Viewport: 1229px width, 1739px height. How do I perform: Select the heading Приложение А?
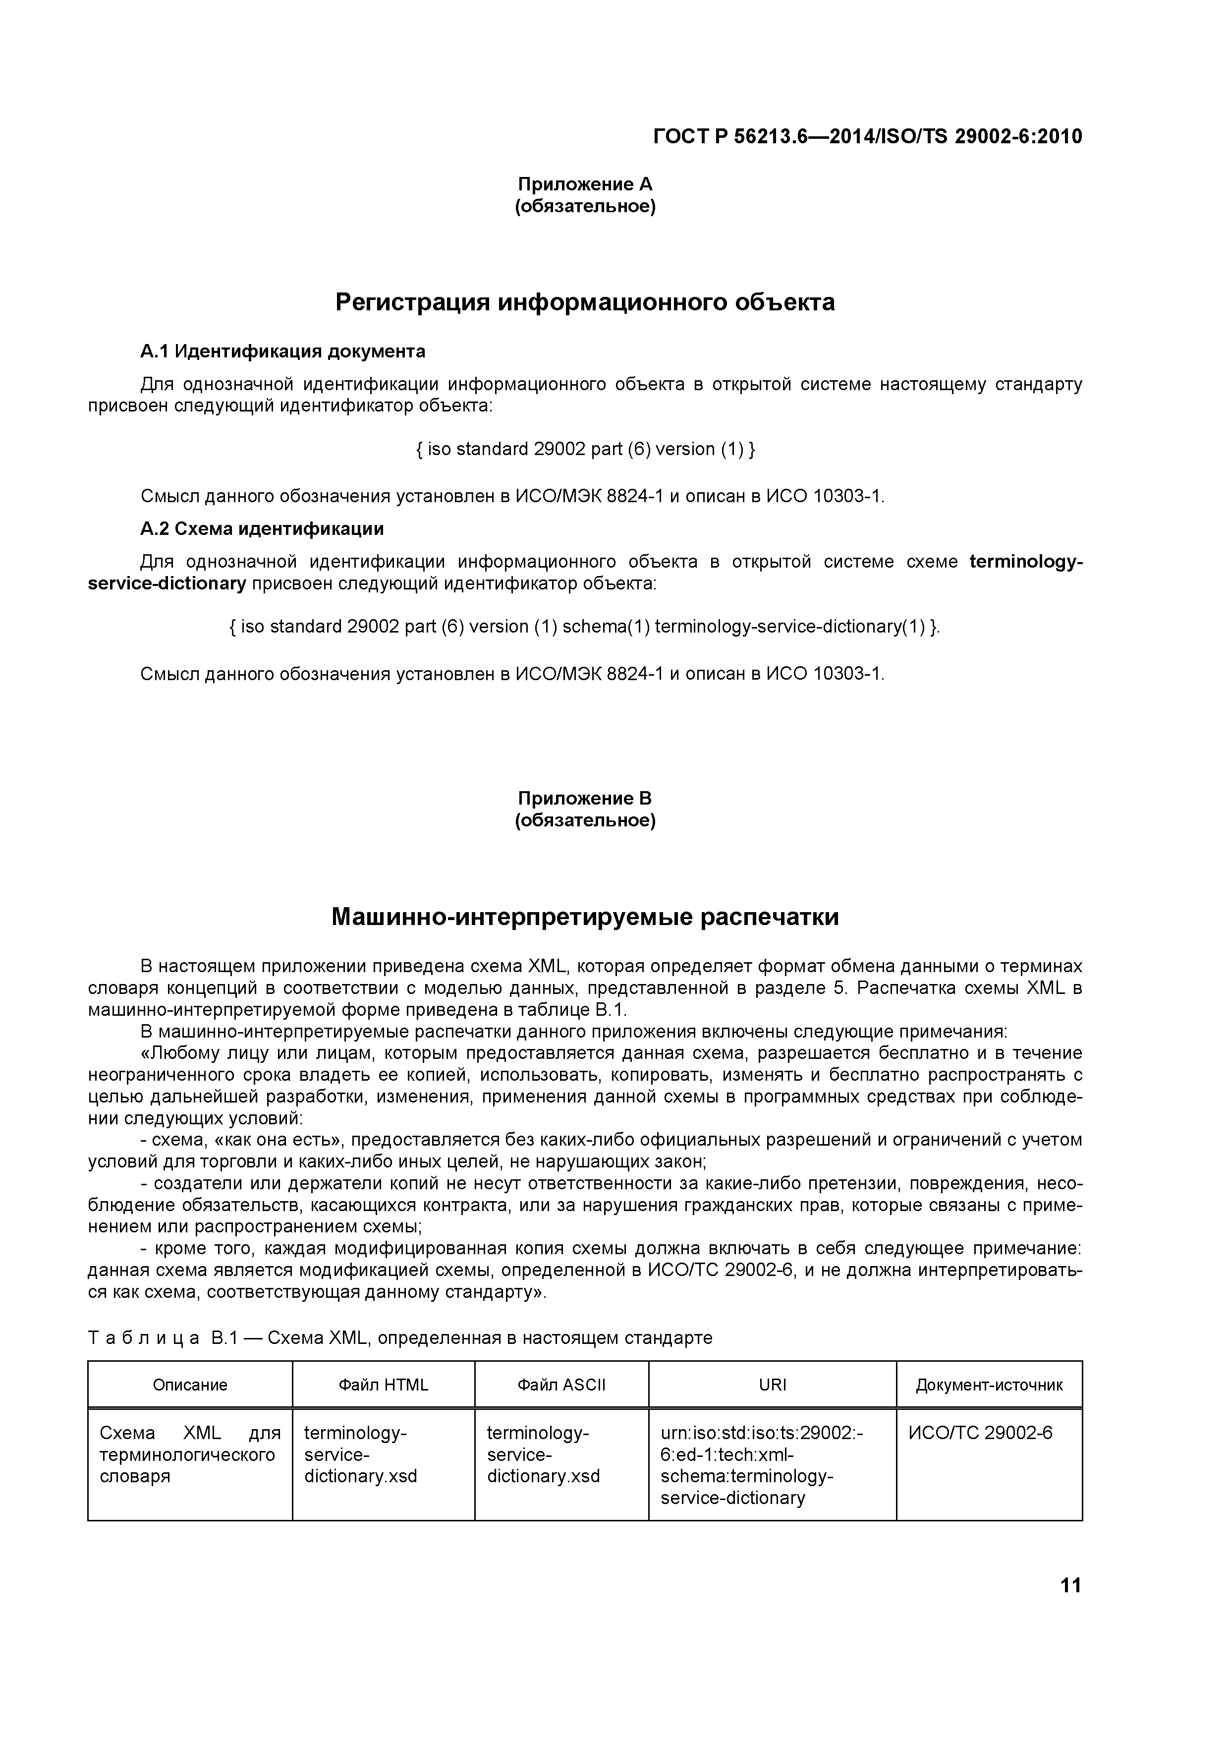point(585,184)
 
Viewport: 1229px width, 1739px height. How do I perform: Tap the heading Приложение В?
point(585,798)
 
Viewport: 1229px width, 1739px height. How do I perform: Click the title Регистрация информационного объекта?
point(585,302)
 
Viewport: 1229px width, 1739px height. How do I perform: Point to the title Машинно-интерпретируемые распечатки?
point(585,917)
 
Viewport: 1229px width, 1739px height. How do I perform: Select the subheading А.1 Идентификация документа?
point(282,351)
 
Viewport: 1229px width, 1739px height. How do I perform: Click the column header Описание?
point(190,1385)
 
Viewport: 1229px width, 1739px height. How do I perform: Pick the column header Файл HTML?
point(383,1385)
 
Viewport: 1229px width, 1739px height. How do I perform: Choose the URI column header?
point(773,1385)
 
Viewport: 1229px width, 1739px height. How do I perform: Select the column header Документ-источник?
point(989,1385)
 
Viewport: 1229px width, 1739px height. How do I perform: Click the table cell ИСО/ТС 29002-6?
point(980,1433)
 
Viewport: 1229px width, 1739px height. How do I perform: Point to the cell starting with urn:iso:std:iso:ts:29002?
point(761,1465)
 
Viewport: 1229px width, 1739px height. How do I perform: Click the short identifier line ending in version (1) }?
point(585,449)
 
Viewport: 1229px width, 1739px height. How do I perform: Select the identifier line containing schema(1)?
point(585,627)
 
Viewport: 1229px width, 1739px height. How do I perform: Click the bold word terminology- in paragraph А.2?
point(1025,562)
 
